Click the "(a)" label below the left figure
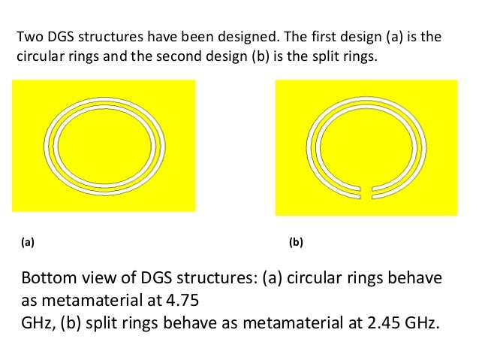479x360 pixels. (x=28, y=243)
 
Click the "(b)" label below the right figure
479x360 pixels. (x=296, y=243)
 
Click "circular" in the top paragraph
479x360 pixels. (x=38, y=56)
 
